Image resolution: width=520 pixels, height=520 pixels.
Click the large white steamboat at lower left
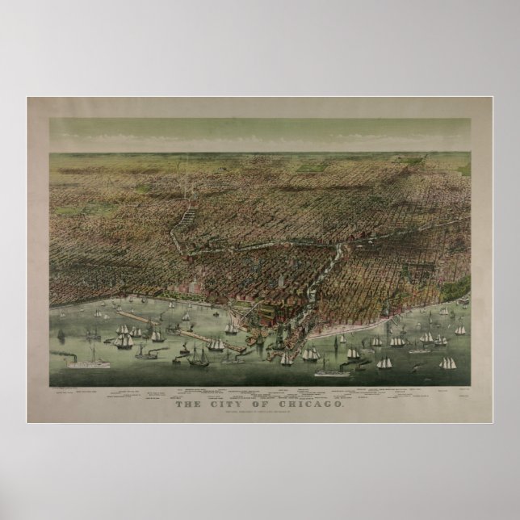click(x=93, y=363)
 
